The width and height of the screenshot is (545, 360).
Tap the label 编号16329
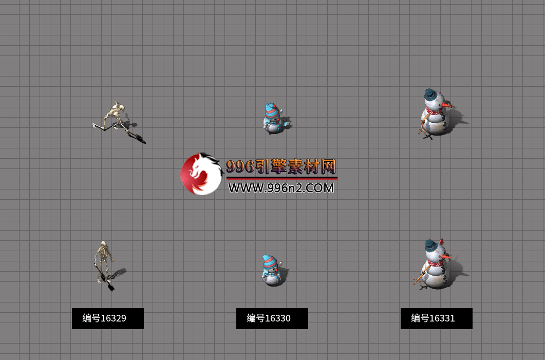pos(107,318)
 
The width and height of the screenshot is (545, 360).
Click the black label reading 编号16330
pos(272,318)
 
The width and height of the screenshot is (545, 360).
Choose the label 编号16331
pos(436,318)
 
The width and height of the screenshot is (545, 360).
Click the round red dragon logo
pos(201,174)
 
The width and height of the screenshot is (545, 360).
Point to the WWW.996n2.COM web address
pos(281,188)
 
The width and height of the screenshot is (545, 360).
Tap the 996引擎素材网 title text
pos(281,166)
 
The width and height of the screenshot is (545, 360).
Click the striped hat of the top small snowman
pos(271,110)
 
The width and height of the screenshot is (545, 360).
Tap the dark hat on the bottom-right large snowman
pos(433,246)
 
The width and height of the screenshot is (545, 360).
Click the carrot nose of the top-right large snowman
pos(448,105)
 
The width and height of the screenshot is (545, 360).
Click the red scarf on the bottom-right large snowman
pos(434,263)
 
